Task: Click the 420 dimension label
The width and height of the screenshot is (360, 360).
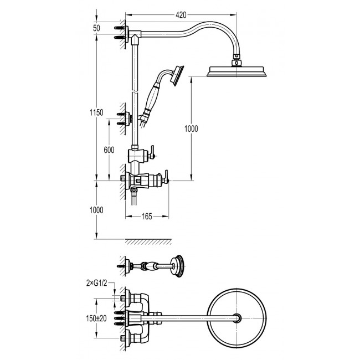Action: coord(181,15)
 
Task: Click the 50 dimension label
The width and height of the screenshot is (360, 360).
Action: coord(96,28)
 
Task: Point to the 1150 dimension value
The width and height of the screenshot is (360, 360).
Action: coord(96,112)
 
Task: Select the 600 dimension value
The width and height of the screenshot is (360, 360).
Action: coord(109,150)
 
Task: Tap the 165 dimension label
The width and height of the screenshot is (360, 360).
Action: coord(147,216)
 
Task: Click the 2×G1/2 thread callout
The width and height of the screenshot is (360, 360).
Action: coord(97,284)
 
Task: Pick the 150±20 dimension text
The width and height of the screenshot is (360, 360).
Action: coord(96,318)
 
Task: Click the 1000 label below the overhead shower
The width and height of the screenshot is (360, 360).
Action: coord(191,129)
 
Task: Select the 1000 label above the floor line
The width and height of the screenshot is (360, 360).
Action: coord(96,210)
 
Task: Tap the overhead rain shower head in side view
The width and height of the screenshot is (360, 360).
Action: coord(236,71)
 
